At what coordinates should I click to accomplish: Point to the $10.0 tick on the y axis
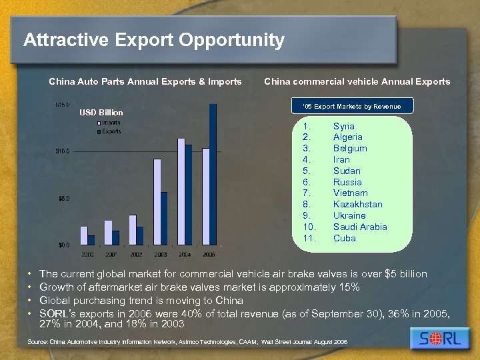tap(64, 151)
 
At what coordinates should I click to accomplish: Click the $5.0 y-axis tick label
tap(64, 198)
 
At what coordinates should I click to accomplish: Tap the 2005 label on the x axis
tap(209, 254)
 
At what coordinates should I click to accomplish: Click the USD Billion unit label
tap(101, 112)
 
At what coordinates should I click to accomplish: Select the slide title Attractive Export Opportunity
tap(154, 41)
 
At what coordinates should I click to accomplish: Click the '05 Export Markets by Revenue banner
tap(351, 106)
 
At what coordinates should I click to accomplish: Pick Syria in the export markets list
tap(344, 126)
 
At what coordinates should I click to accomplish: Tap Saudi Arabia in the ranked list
tap(360, 227)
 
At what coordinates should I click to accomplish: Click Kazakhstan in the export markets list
tap(358, 204)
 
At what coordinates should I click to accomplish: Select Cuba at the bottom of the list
tap(344, 238)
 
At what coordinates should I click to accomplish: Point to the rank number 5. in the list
tap(307, 171)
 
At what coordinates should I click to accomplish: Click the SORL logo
tap(440, 338)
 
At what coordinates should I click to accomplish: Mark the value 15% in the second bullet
tap(349, 287)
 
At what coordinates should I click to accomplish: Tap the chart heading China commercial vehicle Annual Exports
tap(357, 82)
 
